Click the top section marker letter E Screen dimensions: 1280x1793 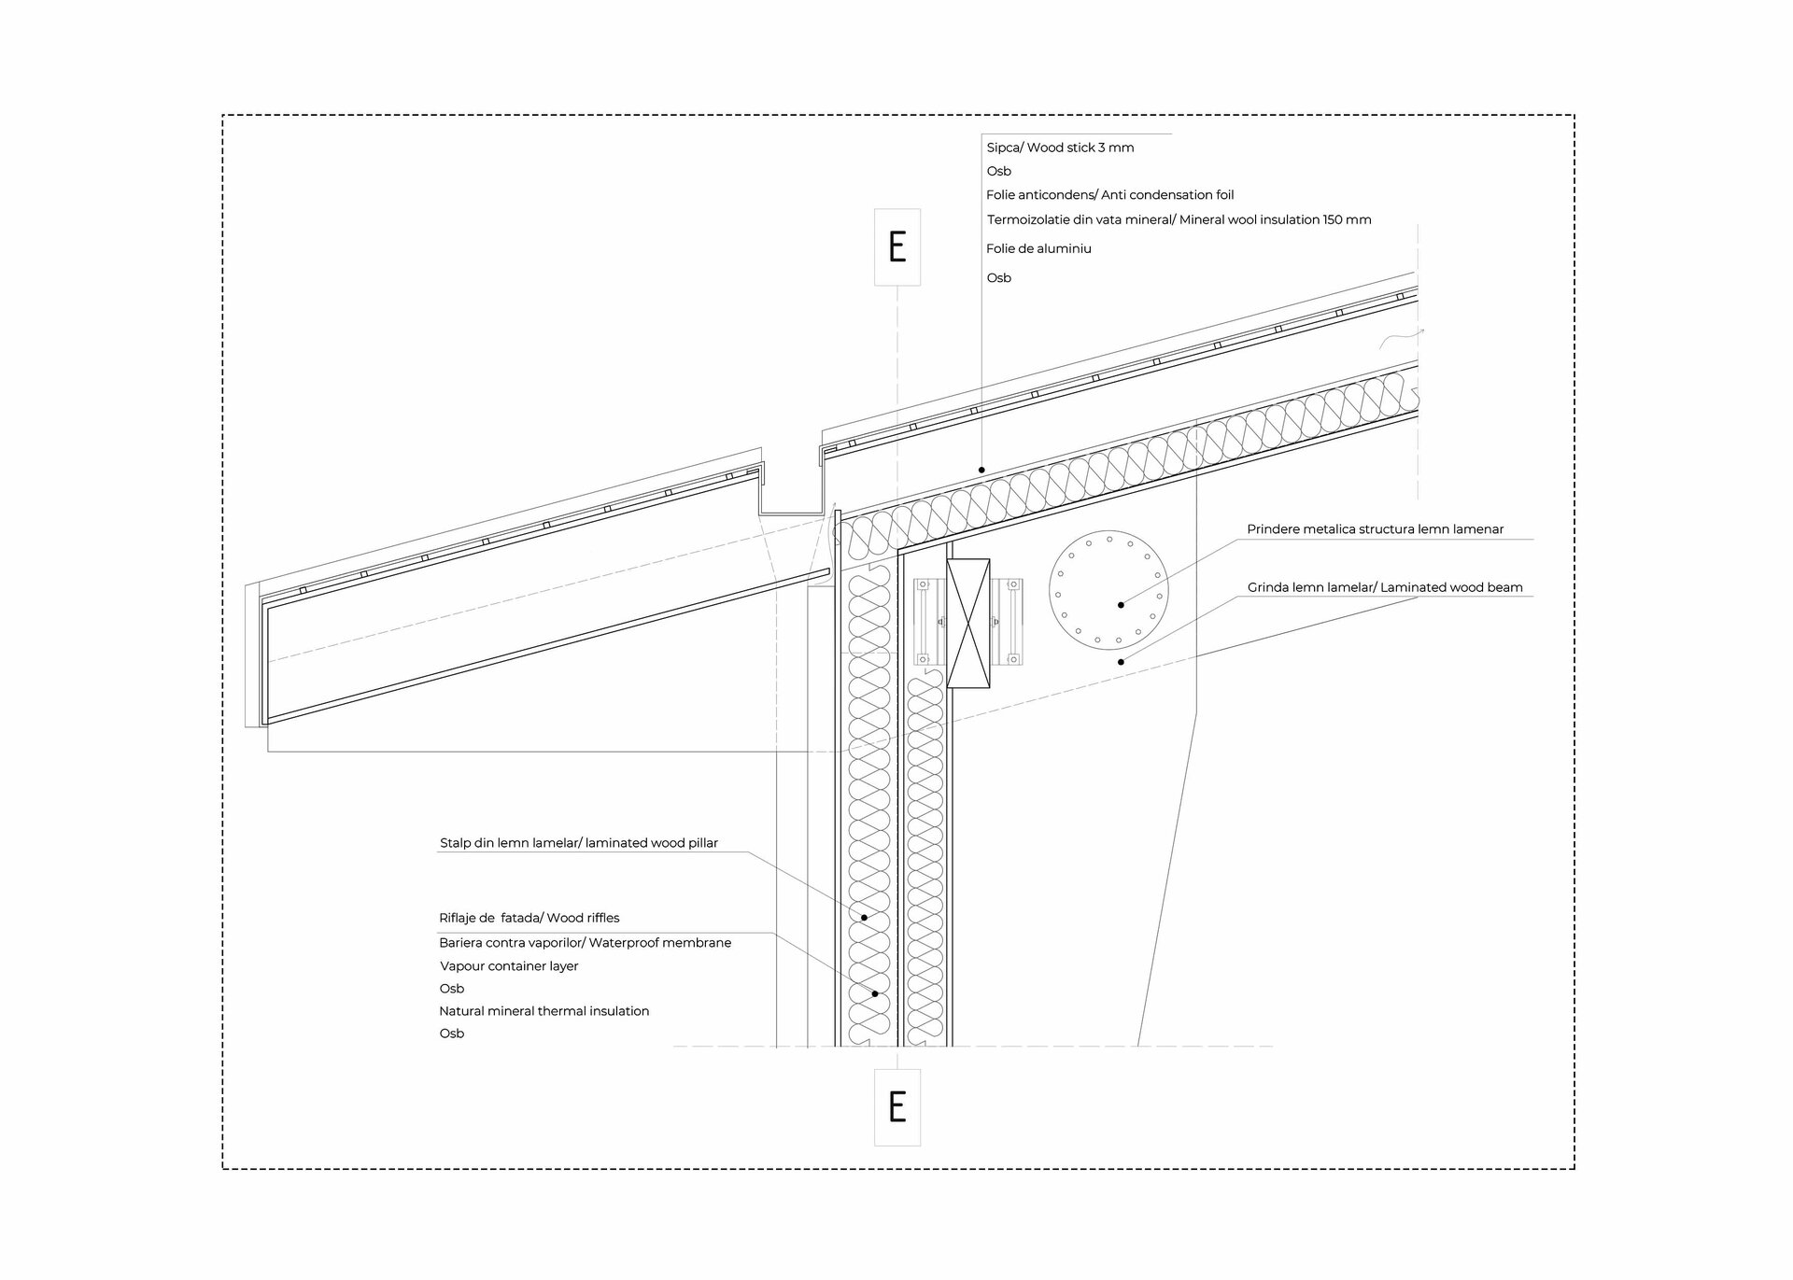tap(896, 246)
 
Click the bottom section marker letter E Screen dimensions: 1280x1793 tap(896, 1106)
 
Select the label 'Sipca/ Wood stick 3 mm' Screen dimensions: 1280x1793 tap(1060, 148)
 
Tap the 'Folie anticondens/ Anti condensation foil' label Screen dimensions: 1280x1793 tap(1109, 195)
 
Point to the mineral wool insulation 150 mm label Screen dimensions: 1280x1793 tap(1179, 220)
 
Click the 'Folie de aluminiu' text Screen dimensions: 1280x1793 tap(1038, 248)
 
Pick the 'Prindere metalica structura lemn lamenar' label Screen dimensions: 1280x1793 tap(1375, 529)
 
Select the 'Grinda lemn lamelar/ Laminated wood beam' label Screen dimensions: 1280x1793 tap(1384, 587)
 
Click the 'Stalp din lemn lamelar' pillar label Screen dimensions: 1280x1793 tap(578, 843)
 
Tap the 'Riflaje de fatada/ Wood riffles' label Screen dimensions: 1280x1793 tap(529, 918)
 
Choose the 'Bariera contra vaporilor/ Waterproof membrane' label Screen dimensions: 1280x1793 tap(585, 943)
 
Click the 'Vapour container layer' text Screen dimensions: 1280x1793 tap(509, 966)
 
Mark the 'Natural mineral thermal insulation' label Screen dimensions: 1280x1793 tap(544, 1011)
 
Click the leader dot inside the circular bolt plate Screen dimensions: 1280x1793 tap(1121, 605)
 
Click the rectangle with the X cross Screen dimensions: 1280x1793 tap(967, 624)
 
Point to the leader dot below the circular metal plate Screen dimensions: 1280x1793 tap(1121, 662)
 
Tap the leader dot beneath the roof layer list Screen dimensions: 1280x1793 tap(981, 470)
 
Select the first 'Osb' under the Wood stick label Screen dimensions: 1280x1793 tap(998, 171)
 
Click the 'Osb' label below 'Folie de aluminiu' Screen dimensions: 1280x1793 tap(998, 278)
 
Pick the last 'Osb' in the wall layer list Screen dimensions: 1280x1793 tap(451, 1034)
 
